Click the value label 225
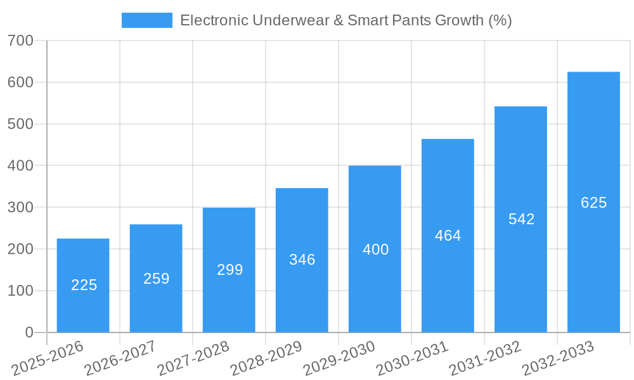[84, 285]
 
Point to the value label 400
[375, 250]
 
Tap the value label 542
[521, 219]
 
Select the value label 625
[593, 203]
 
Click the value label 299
[230, 270]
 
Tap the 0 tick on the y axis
[29, 332]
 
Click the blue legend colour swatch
[146, 20]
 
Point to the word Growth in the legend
[458, 20]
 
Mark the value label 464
[448, 236]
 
